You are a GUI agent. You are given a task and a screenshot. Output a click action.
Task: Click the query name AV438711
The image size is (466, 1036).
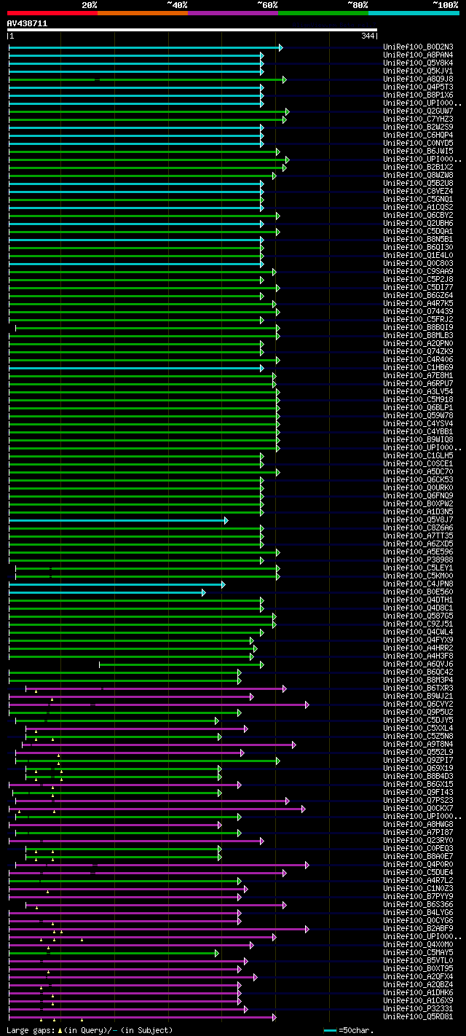(28, 23)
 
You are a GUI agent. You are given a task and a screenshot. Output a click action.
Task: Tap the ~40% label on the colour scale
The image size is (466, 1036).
(177, 5)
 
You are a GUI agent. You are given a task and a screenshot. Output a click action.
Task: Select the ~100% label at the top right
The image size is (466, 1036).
(445, 5)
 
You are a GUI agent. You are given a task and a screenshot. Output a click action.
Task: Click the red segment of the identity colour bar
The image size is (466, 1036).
(52, 12)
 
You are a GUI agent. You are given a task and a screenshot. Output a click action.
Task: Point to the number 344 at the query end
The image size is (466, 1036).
(367, 36)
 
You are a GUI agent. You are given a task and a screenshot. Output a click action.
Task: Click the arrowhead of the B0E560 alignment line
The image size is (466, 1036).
(204, 592)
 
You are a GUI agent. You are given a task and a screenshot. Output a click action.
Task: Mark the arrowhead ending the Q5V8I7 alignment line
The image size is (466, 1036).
(226, 520)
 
